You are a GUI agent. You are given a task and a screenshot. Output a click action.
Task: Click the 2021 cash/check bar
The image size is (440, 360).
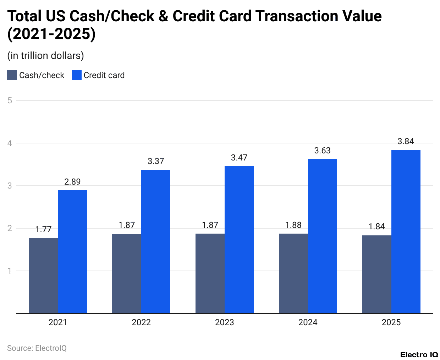(x=43, y=276)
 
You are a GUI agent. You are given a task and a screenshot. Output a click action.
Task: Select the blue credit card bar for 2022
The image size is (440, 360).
(x=156, y=241)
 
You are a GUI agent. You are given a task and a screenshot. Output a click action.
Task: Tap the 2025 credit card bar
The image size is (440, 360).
(x=406, y=231)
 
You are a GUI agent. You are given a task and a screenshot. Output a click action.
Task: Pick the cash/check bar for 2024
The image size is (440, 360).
(x=293, y=273)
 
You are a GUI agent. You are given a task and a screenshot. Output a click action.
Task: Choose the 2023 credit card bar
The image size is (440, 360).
(x=239, y=239)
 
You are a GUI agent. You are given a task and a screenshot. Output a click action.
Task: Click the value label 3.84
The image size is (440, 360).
(x=406, y=141)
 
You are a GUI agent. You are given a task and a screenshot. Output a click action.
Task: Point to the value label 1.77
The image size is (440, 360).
(x=43, y=229)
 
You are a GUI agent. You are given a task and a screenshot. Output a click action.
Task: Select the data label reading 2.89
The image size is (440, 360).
(x=72, y=182)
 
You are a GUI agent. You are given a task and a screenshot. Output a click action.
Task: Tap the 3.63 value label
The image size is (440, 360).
(x=322, y=151)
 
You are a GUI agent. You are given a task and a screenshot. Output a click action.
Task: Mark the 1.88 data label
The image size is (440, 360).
(x=293, y=225)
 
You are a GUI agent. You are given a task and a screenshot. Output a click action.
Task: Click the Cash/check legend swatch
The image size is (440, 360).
(x=12, y=75)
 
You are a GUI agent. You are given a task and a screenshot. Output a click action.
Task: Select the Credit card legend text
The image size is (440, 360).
(x=104, y=75)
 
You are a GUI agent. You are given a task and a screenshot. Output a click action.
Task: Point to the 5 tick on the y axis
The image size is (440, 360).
(x=10, y=100)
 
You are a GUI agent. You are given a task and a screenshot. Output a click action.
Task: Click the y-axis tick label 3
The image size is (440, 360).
(x=10, y=186)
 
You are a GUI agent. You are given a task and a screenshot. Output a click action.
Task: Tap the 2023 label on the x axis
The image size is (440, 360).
(x=224, y=322)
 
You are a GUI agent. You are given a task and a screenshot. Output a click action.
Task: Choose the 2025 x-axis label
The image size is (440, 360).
(x=391, y=322)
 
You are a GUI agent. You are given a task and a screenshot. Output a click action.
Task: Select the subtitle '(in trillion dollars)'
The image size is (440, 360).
(x=45, y=56)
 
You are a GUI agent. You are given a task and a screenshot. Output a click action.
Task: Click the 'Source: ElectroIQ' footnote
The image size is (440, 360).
(x=37, y=348)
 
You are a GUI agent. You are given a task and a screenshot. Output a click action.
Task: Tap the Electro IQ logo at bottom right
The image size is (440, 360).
(x=419, y=355)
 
